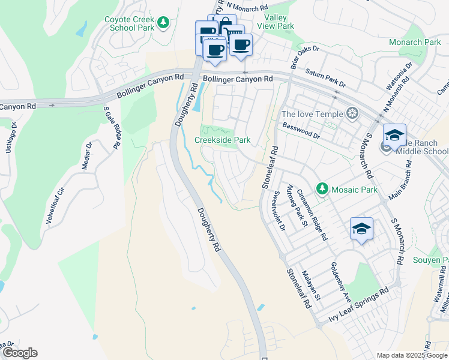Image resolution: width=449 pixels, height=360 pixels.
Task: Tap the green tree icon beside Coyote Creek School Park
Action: click(163, 22)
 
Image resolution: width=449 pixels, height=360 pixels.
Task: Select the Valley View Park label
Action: click(275, 22)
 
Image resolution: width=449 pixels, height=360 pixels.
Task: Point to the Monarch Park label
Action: click(415, 43)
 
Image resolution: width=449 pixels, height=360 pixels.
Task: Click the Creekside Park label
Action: click(222, 140)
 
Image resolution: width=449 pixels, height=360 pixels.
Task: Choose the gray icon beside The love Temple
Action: click(352, 114)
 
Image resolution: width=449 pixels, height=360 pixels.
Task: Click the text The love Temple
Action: click(312, 114)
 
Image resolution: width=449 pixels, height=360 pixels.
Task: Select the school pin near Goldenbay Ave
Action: click(361, 229)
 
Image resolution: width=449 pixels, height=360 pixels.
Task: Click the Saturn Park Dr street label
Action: click(325, 77)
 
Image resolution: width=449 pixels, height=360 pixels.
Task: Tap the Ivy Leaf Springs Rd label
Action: click(358, 308)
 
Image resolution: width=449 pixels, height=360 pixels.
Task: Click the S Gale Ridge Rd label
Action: click(110, 127)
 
